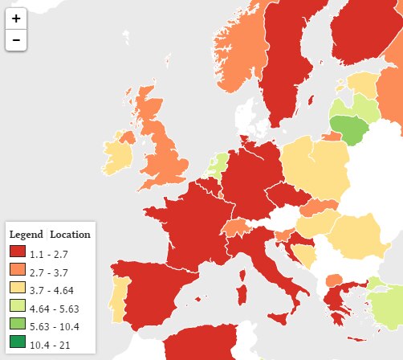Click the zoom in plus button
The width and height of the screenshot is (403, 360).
16,18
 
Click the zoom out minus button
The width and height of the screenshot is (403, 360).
16,39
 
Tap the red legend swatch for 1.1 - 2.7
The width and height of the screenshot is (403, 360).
18,253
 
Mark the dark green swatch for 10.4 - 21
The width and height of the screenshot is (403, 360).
18,345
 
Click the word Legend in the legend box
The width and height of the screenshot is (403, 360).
26,235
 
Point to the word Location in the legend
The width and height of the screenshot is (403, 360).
70,235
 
